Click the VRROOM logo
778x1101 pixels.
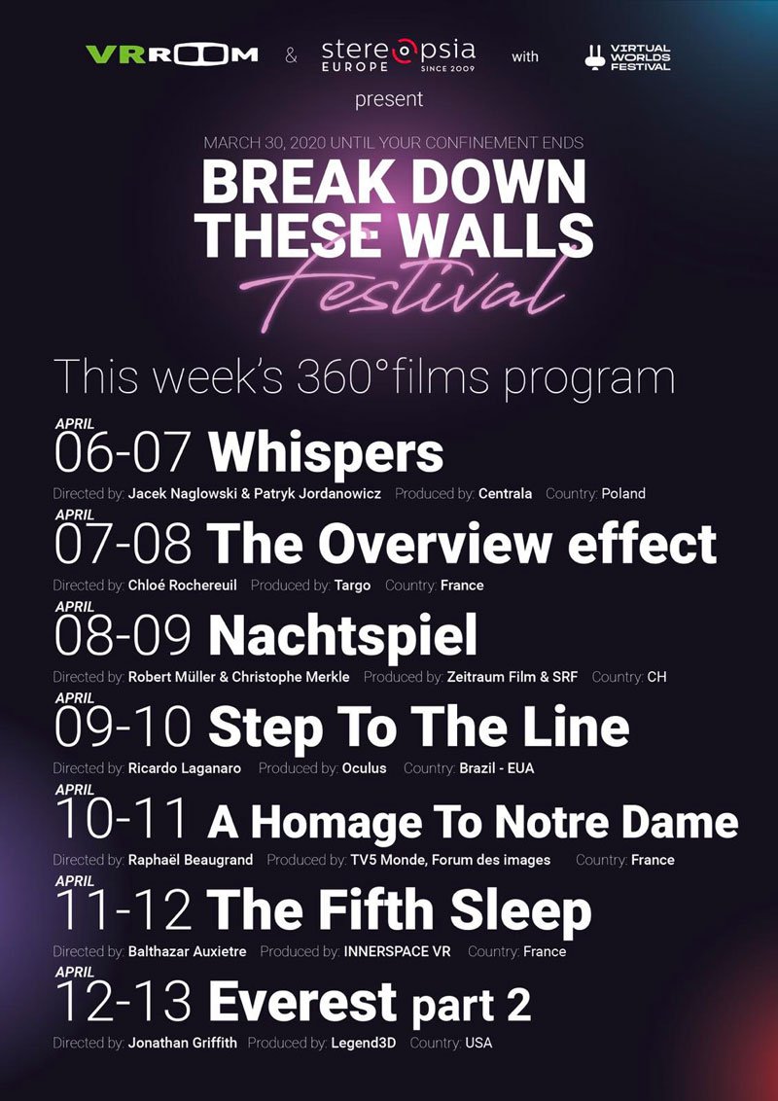[171, 54]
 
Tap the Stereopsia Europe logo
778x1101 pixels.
[398, 54]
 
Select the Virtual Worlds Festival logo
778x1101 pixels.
[627, 56]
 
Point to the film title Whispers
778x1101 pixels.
[325, 454]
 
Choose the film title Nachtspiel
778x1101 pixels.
[342, 635]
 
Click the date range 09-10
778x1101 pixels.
[123, 728]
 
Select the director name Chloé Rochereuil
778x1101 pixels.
[183, 586]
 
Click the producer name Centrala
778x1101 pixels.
[505, 494]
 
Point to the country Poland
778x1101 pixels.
[622, 494]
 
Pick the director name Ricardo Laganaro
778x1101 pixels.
[184, 768]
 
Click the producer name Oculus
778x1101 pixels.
[364, 768]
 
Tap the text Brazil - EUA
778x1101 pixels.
[496, 768]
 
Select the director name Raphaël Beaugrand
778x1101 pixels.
[191, 860]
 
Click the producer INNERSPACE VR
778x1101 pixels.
[397, 951]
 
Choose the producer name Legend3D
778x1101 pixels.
[363, 1043]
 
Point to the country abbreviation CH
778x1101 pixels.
[656, 677]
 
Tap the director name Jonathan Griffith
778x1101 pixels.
[184, 1043]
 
